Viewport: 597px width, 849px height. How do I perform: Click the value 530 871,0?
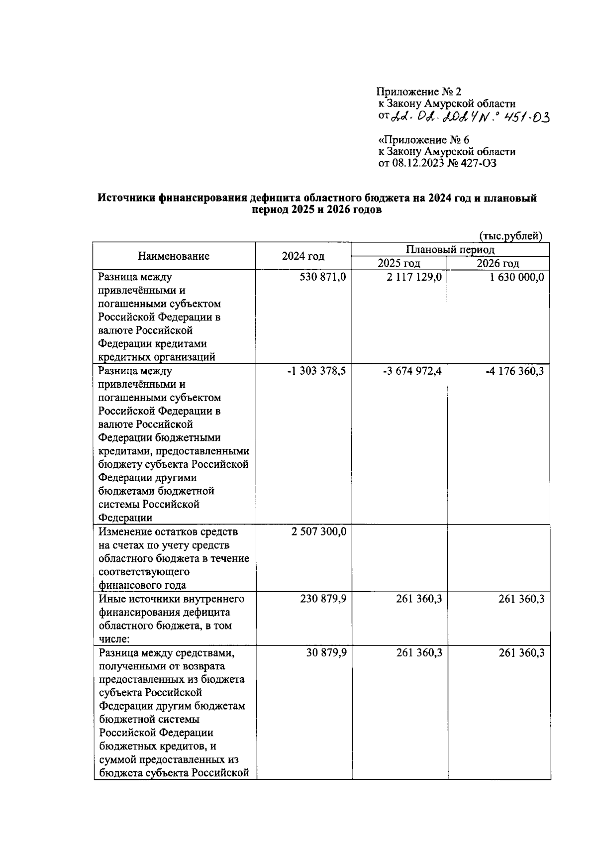(322, 277)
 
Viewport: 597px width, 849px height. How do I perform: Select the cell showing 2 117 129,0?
(413, 277)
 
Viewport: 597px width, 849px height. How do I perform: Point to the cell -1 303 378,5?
(316, 371)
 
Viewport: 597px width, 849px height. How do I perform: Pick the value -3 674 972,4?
(412, 371)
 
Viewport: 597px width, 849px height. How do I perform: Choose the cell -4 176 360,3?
(514, 371)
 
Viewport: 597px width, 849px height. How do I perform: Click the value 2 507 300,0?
(319, 531)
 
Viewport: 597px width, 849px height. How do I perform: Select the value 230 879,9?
(323, 599)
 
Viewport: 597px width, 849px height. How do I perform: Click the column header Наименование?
(174, 256)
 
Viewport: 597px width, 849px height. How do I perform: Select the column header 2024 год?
(303, 256)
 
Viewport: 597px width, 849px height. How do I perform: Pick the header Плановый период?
(450, 249)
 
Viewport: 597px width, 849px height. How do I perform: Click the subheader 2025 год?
(398, 263)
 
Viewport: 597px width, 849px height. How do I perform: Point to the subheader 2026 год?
(497, 263)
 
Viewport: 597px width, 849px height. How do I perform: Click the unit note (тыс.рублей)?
(510, 236)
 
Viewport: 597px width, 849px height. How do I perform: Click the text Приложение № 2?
(419, 92)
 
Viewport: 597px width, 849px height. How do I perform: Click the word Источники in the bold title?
(126, 198)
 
